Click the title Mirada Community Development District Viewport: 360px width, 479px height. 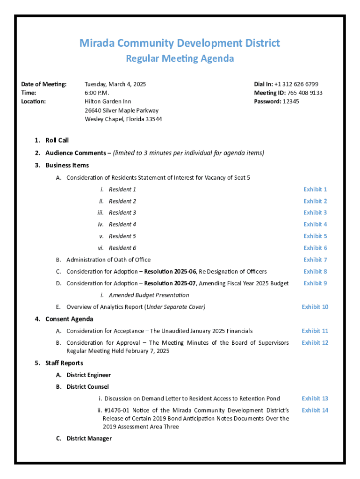point(180,44)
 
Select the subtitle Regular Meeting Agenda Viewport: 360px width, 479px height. point(180,59)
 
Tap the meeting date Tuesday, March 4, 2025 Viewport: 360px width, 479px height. point(115,84)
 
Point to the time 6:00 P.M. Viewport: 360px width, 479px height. point(96,93)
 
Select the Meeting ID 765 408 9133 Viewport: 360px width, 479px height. point(304,93)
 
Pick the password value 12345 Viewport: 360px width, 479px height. point(290,102)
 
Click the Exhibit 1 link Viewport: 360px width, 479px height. point(315,189)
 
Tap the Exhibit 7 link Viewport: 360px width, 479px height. point(315,260)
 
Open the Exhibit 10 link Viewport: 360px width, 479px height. point(315,307)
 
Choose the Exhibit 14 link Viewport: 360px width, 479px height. point(315,410)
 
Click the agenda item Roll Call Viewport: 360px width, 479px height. point(57,140)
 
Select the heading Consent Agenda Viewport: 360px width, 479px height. point(69,319)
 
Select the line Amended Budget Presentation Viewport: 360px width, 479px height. point(149,295)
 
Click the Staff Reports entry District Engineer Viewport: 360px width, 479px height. point(88,375)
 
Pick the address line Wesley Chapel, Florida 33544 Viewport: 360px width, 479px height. point(123,119)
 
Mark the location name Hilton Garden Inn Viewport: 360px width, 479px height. point(108,102)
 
